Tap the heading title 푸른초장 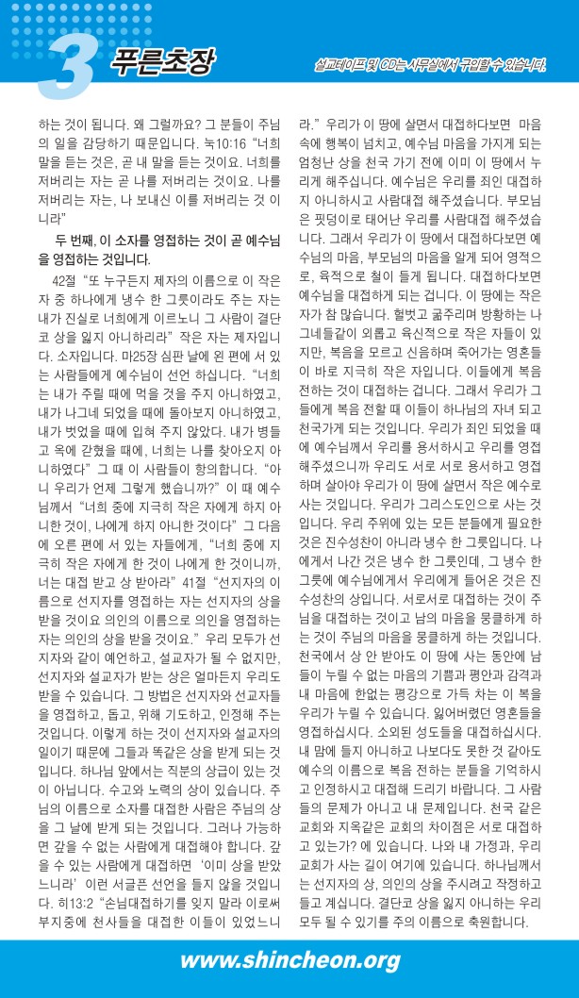point(161,61)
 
